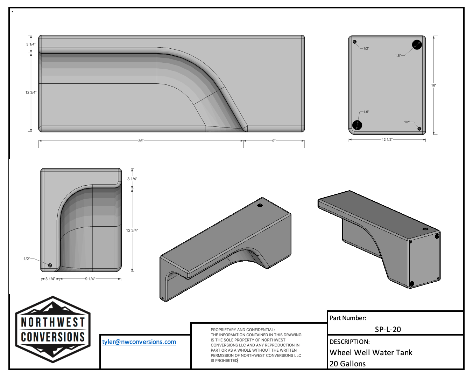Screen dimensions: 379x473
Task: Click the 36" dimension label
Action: click(x=141, y=141)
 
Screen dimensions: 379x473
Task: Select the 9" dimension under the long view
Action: click(x=274, y=141)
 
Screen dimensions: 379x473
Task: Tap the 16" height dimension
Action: click(x=433, y=85)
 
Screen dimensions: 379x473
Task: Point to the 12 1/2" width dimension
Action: click(x=387, y=139)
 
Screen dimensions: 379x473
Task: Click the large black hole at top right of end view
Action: click(x=417, y=45)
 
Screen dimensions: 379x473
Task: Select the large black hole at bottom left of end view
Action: click(x=357, y=125)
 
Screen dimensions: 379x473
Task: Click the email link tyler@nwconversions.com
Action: click(x=139, y=342)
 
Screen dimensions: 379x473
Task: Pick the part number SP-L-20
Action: click(x=388, y=329)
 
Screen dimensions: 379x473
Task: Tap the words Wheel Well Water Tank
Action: click(x=371, y=352)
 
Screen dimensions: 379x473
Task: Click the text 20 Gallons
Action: click(x=347, y=364)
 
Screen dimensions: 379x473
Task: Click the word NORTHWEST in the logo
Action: click(x=53, y=322)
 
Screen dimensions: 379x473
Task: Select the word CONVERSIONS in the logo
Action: click(x=53, y=337)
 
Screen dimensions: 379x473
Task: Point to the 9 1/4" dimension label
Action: click(x=90, y=279)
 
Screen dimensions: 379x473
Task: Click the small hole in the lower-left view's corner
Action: click(x=50, y=265)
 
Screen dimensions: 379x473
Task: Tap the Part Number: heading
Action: click(x=348, y=318)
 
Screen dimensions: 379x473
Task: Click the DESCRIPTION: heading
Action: click(x=350, y=342)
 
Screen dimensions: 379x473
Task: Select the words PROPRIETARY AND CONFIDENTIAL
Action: click(x=242, y=330)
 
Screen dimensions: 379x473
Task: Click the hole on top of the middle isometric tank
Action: click(x=260, y=205)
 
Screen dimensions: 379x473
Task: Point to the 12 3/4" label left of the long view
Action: click(x=31, y=92)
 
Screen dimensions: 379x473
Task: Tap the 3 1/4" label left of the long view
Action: click(x=31, y=44)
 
